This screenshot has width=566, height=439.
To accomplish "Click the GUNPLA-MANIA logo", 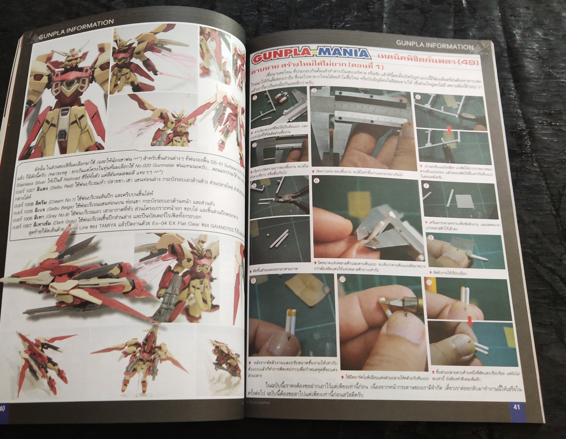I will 310,57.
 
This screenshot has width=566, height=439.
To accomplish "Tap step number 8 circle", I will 430,237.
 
